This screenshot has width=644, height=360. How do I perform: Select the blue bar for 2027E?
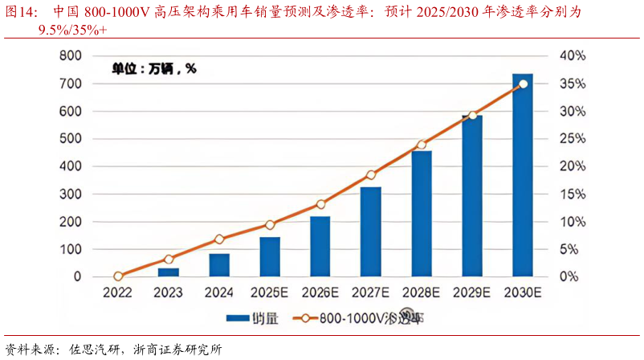(371, 232)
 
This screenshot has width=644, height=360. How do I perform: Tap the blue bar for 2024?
(219, 265)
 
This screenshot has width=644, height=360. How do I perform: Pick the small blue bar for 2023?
(169, 272)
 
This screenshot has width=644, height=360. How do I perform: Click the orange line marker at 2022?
(119, 276)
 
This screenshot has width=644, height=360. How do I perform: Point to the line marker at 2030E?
(523, 84)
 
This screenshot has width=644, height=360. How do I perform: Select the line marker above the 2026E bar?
(320, 204)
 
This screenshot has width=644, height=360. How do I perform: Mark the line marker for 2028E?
(422, 145)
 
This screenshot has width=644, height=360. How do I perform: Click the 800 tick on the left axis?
(71, 55)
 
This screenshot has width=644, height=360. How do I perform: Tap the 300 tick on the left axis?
(71, 194)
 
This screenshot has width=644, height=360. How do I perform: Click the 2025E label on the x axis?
(271, 292)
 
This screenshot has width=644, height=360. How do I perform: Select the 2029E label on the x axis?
(473, 292)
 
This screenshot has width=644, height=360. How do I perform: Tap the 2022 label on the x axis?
(119, 292)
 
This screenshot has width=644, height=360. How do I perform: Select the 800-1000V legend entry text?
(372, 317)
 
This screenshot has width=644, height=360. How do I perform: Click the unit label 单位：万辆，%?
(153, 69)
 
